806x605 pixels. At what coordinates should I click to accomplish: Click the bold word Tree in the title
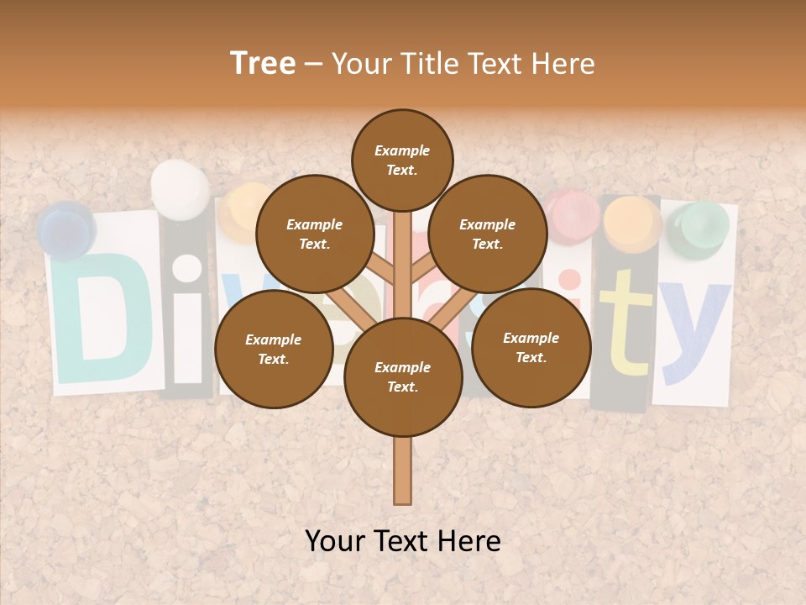(263, 64)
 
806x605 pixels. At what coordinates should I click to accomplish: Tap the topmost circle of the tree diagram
(402, 160)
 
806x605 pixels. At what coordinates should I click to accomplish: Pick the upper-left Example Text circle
(315, 234)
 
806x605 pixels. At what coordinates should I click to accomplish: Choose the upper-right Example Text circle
(488, 234)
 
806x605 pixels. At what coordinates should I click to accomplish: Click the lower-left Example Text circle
(274, 349)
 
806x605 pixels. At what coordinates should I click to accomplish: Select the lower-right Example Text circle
(531, 346)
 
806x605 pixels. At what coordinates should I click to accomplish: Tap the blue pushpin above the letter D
(66, 229)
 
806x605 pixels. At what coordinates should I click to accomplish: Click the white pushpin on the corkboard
(181, 189)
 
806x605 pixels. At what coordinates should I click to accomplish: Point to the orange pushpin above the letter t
(632, 223)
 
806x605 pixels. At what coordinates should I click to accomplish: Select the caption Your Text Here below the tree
(403, 541)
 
